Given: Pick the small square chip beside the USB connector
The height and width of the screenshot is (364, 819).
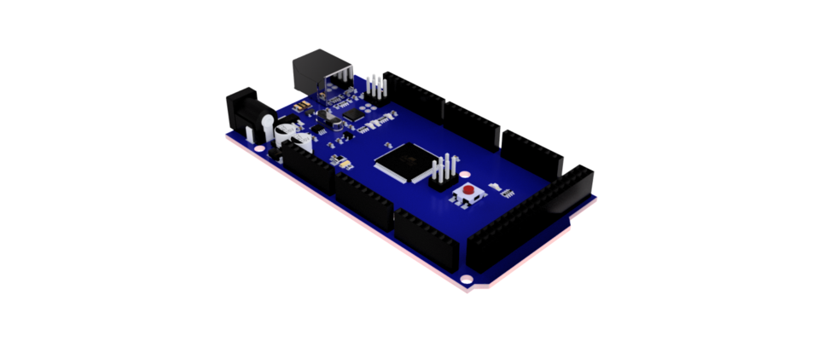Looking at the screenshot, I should click(x=353, y=112).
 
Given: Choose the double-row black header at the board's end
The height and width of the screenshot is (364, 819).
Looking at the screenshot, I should click(x=530, y=222).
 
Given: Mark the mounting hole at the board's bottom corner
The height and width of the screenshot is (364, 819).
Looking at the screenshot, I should click(x=466, y=279).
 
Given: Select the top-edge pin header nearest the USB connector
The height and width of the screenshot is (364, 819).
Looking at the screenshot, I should click(x=414, y=95).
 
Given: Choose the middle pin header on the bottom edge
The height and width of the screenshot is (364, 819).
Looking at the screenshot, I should click(x=365, y=199).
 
